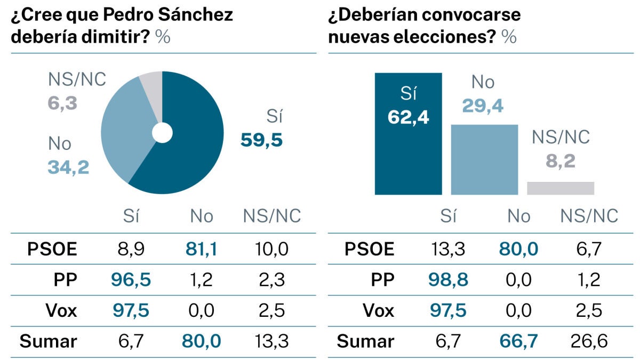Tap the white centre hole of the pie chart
(162, 133)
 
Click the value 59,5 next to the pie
(261, 140)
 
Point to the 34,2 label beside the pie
(68, 167)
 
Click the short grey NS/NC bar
(561, 188)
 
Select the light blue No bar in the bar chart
(484, 159)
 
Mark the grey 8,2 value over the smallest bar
(561, 161)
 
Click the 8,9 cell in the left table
(130, 249)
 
